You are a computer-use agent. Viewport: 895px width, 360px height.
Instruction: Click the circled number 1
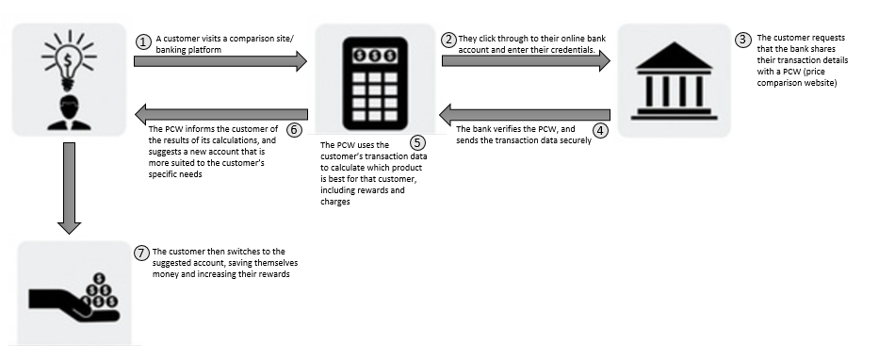(x=143, y=42)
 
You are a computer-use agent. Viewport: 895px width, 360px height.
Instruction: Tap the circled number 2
(x=449, y=40)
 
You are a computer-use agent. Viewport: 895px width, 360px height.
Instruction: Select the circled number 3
(x=742, y=40)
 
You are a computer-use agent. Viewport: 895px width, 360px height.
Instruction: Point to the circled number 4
(x=600, y=130)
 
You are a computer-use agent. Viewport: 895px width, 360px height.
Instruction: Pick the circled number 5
(x=417, y=142)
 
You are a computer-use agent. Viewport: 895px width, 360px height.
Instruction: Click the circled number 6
(x=293, y=130)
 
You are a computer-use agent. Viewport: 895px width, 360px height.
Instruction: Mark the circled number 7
(x=141, y=253)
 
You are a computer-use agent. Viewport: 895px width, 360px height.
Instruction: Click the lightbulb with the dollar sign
(x=69, y=60)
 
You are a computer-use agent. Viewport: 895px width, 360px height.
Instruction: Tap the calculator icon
(x=374, y=83)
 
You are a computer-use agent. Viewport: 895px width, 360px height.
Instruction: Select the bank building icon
(x=674, y=80)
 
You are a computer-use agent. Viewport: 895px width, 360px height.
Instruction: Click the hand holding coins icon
(x=74, y=298)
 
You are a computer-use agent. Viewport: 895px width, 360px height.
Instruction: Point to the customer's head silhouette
(x=69, y=106)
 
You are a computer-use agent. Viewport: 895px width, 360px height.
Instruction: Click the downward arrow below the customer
(x=69, y=188)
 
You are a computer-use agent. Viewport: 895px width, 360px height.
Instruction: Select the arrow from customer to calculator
(x=220, y=61)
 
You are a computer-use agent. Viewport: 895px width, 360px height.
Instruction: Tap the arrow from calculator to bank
(x=527, y=60)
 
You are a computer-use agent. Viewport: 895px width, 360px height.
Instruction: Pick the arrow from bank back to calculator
(x=525, y=115)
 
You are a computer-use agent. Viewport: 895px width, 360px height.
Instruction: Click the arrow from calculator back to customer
(x=221, y=114)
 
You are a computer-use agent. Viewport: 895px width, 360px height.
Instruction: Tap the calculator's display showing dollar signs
(x=374, y=56)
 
